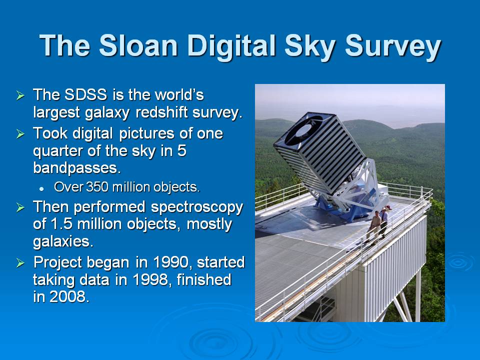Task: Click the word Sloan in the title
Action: [x=138, y=45]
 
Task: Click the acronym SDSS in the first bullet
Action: [x=85, y=94]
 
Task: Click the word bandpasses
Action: [x=76, y=167]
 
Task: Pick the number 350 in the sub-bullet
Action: [x=97, y=187]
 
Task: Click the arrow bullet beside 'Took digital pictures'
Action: [x=20, y=133]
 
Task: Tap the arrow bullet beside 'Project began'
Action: [x=20, y=262]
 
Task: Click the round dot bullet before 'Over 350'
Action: [x=41, y=189]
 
